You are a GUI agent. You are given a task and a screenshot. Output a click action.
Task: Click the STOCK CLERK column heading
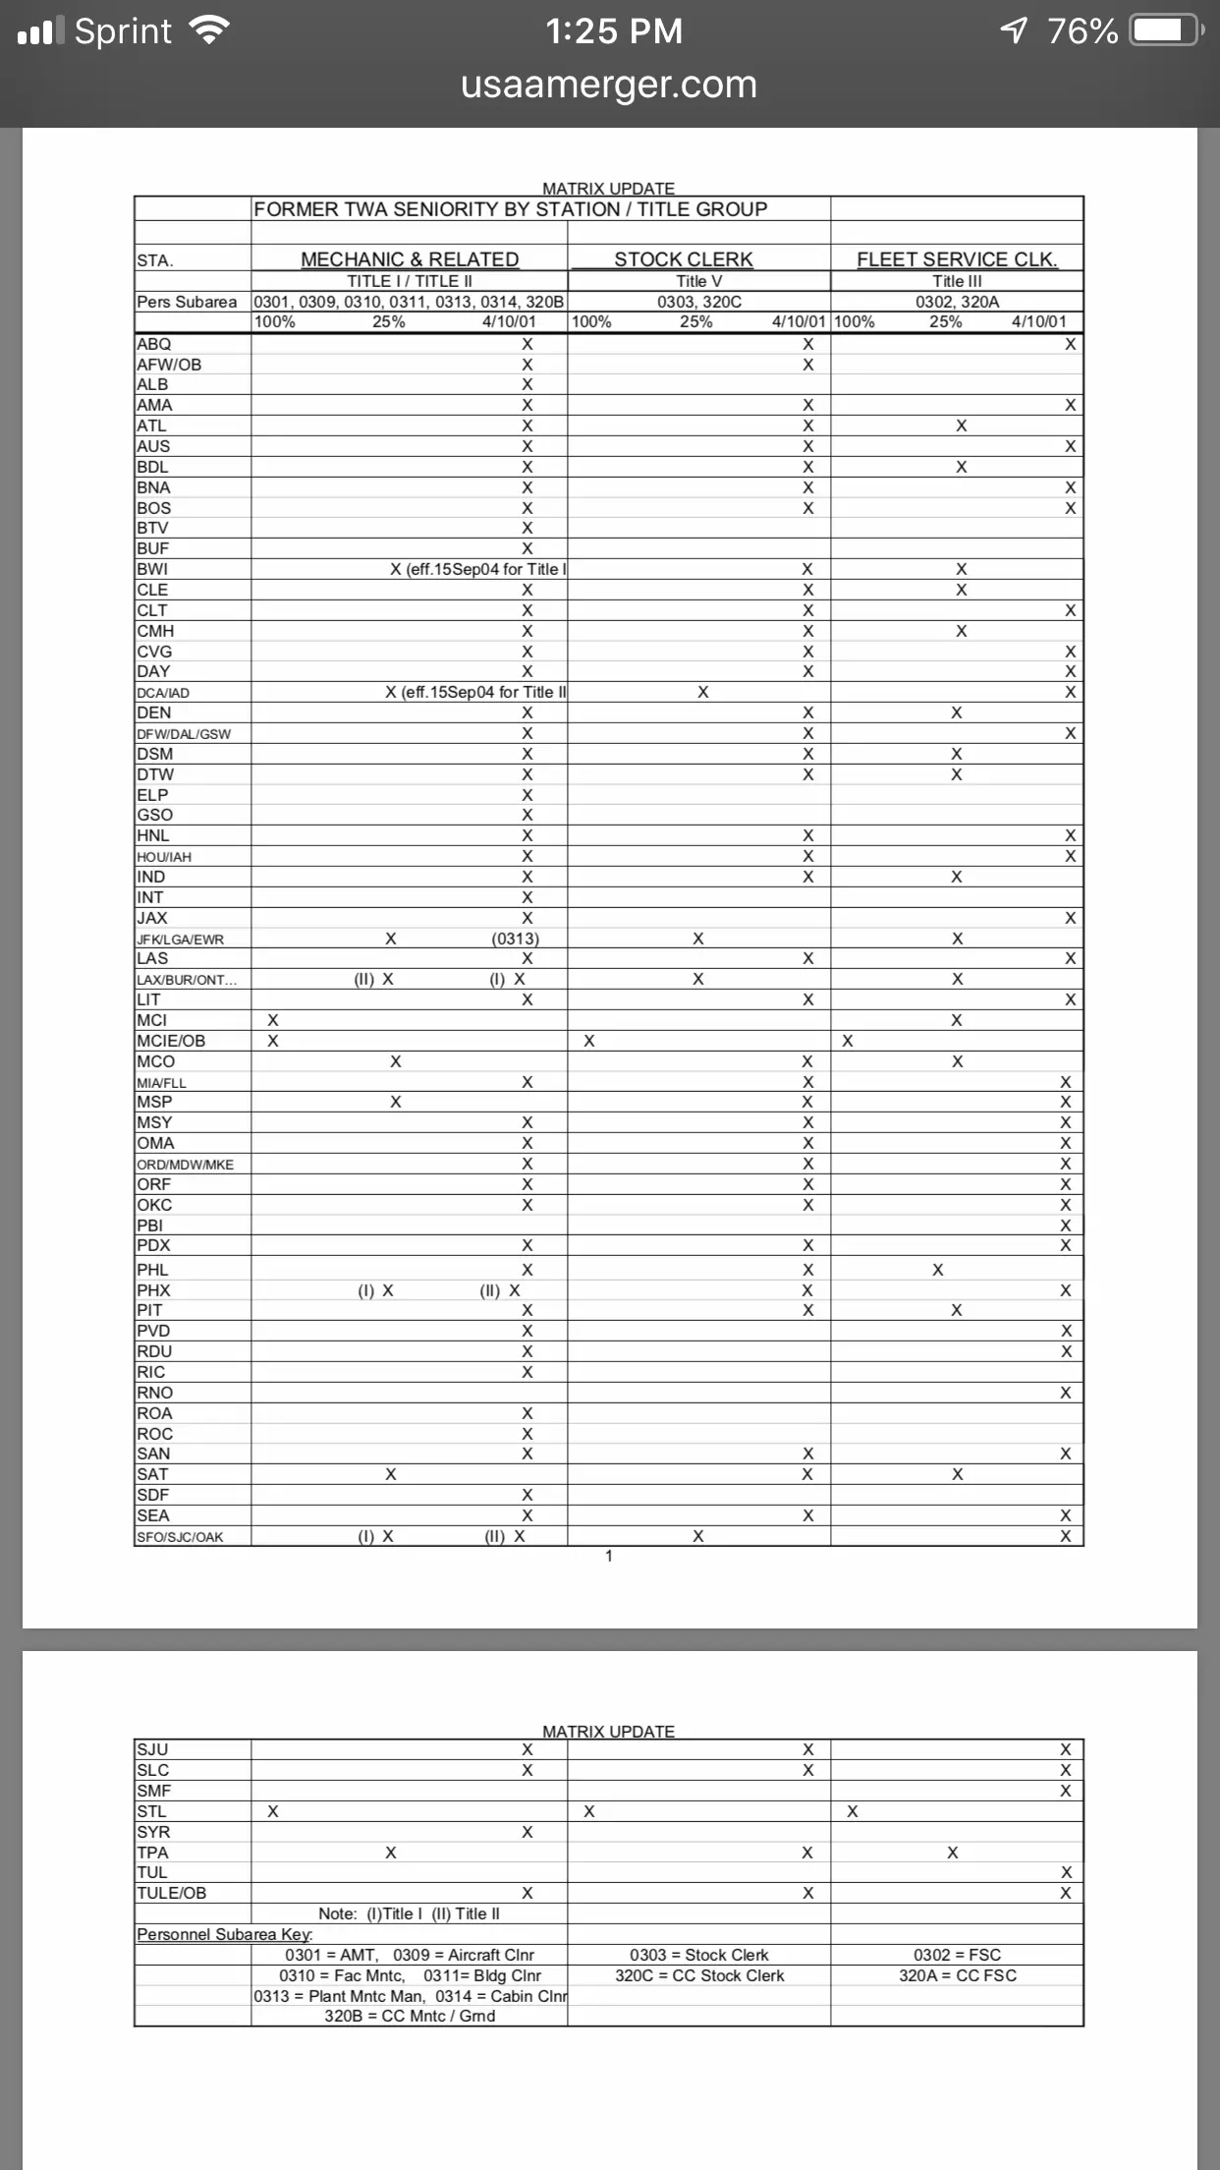[684, 259]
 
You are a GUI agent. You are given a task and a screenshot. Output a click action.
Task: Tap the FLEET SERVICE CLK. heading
[957, 259]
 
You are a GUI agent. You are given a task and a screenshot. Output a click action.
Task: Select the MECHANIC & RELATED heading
[410, 259]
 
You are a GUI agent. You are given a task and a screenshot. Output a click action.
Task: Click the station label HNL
[153, 835]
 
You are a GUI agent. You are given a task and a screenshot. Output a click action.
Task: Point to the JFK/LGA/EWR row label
[181, 940]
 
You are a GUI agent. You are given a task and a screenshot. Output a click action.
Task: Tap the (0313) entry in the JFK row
[516, 939]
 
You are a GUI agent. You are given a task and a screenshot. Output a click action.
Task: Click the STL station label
[151, 1811]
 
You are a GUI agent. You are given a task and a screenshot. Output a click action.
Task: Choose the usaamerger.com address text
[609, 86]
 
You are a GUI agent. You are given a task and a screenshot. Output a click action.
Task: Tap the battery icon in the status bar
[1165, 30]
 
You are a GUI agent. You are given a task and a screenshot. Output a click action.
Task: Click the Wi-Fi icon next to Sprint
[209, 30]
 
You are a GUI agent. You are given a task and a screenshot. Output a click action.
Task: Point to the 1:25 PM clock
[614, 31]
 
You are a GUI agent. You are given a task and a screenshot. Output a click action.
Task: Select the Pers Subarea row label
[187, 302]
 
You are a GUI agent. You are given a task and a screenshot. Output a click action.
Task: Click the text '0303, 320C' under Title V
[699, 302]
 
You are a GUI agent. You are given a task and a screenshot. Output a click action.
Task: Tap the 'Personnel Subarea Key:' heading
[225, 1934]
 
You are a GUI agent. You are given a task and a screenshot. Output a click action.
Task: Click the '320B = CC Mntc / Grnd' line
[410, 2016]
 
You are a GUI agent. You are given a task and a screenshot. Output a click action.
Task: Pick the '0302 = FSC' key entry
[957, 1955]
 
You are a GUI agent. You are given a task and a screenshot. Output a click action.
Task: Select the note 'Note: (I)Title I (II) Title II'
[409, 1913]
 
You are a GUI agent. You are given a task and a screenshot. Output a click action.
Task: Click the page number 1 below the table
[609, 1556]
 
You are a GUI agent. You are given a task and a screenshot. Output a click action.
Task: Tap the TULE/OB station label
[172, 1893]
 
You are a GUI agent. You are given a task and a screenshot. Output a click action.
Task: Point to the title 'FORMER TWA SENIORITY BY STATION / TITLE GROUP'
[511, 209]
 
